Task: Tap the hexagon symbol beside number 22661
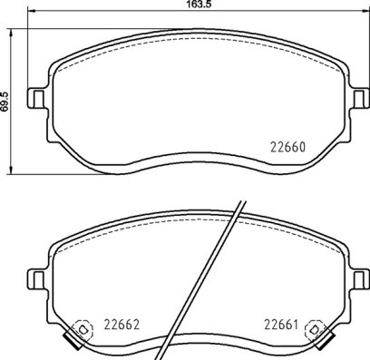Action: click(x=314, y=329)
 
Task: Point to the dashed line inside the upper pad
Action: click(x=195, y=42)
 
